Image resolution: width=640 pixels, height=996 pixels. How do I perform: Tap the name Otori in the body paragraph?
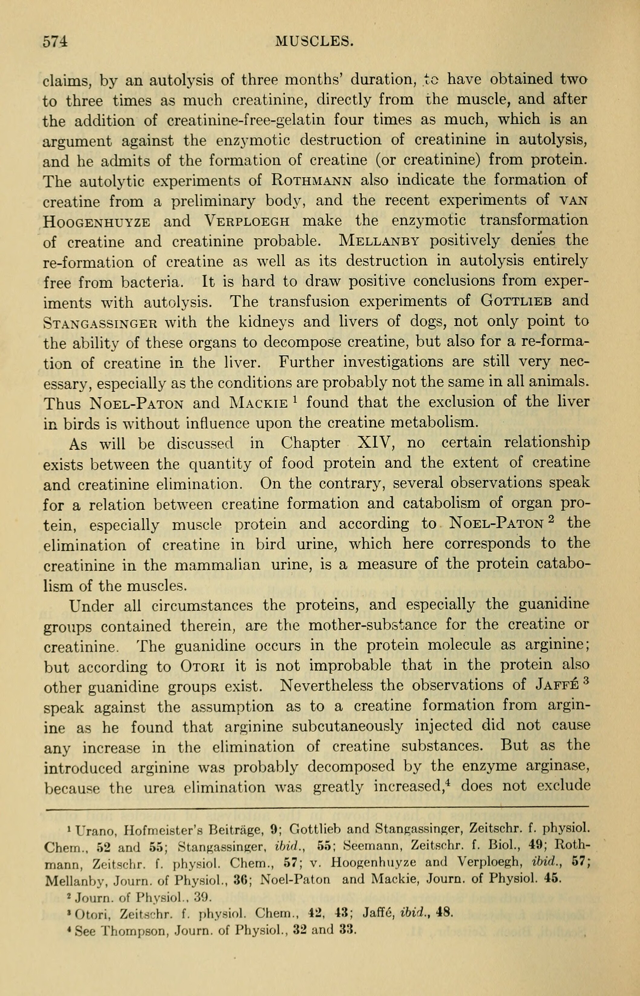coord(202,666)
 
